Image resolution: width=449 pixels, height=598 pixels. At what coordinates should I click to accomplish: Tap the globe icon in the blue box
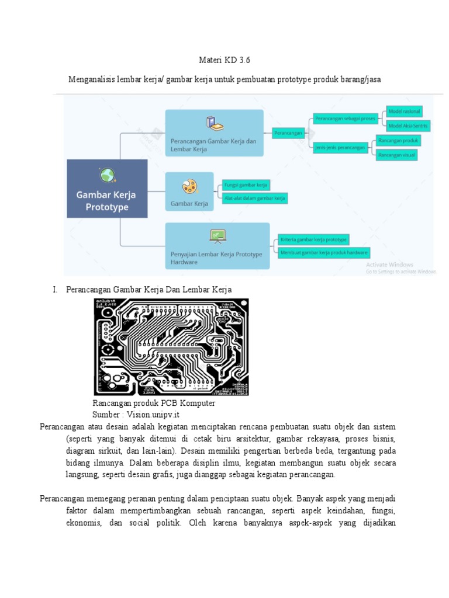point(108,174)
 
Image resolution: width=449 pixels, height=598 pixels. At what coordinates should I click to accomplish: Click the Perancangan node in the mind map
point(288,133)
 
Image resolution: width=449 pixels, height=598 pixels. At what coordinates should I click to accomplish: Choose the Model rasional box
point(404,111)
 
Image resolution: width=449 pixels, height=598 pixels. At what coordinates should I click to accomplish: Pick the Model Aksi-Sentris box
point(408,125)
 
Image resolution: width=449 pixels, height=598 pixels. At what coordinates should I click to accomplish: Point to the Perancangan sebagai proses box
point(344,119)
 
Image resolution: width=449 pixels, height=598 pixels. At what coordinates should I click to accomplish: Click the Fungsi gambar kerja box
point(246,185)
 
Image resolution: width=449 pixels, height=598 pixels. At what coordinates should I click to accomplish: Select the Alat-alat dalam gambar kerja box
point(255,199)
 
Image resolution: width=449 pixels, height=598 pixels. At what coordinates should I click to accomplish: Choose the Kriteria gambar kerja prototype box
point(313,239)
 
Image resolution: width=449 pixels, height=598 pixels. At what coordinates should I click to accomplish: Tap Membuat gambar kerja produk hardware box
point(324,253)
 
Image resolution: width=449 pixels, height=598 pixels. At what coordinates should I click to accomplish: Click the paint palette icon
point(189,187)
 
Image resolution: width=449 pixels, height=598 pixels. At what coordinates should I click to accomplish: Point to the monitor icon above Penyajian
point(217,236)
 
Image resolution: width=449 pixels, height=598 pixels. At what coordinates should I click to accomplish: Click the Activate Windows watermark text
point(389,265)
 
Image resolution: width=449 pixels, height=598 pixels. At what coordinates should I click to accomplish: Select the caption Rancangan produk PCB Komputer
point(154,404)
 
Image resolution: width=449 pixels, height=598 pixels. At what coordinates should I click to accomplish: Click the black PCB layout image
point(171,347)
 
